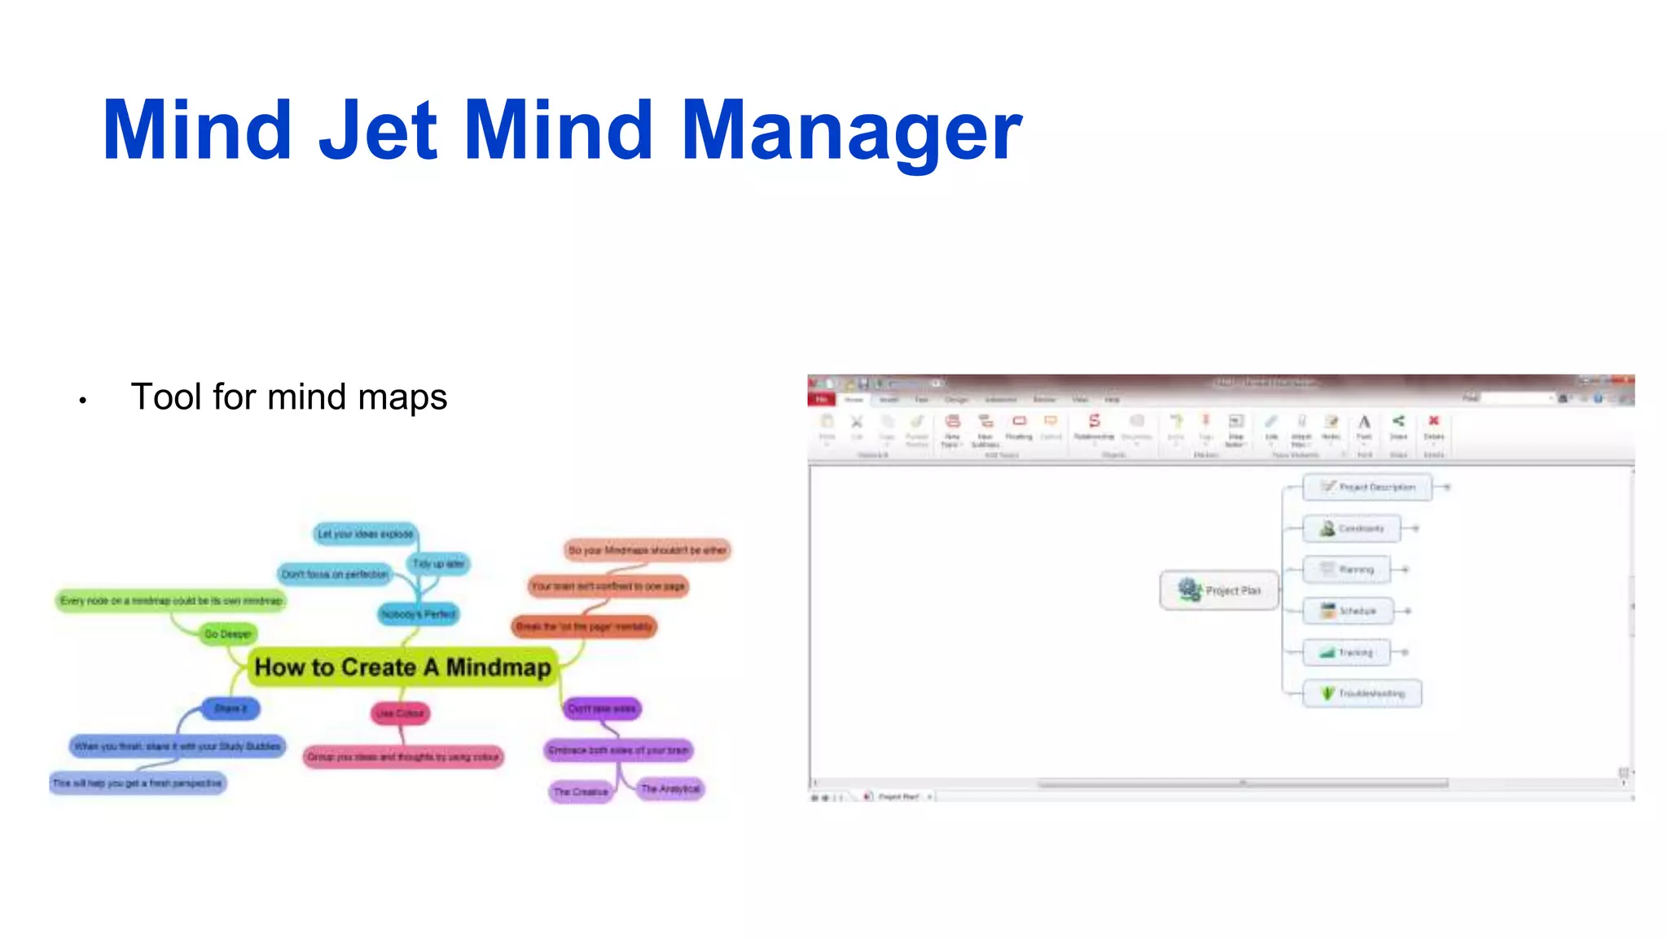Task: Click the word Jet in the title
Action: [378, 130]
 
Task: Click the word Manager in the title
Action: [851, 130]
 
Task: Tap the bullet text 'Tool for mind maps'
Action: [288, 397]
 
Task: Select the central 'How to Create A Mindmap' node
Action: [402, 667]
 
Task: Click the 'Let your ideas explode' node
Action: [365, 534]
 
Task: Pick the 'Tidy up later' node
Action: [438, 563]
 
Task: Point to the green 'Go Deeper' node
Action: [228, 633]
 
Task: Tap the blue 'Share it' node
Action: [230, 708]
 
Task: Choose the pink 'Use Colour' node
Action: [400, 713]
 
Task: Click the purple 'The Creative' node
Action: [581, 791]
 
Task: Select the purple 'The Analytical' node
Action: [669, 788]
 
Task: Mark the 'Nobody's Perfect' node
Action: [419, 614]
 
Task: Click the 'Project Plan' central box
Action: [1219, 590]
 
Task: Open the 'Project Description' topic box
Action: [1367, 487]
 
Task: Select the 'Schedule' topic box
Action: [1348, 611]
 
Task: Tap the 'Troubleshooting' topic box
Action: [1362, 694]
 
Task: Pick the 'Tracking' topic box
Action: [1345, 652]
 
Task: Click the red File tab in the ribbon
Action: [821, 399]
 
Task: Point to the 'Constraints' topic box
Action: [1351, 528]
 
